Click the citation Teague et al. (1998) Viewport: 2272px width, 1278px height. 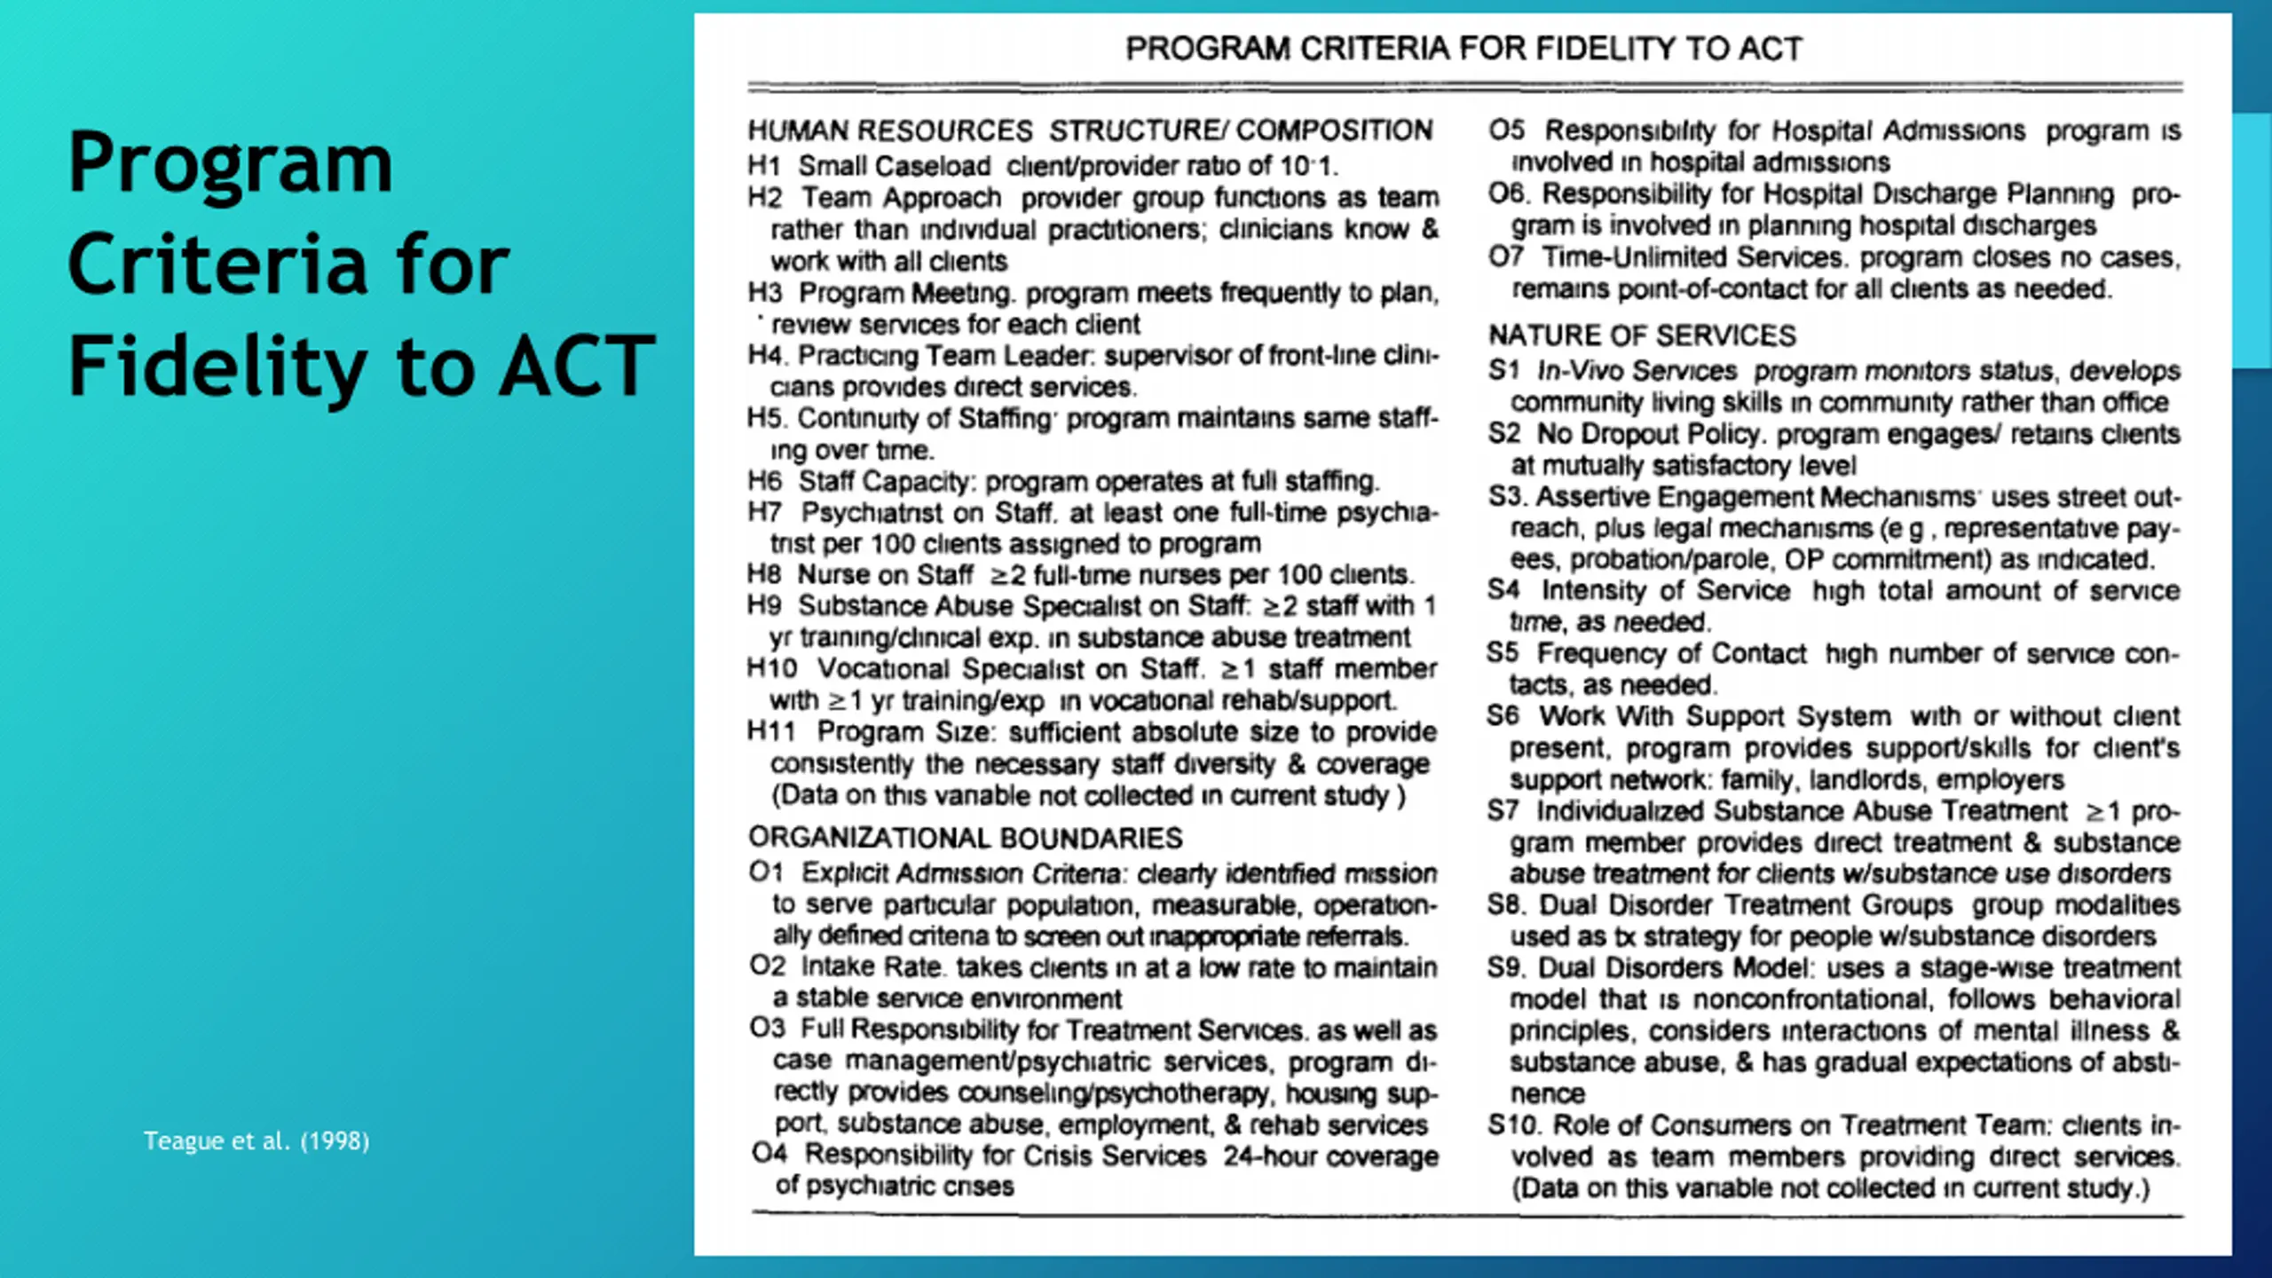click(x=256, y=1140)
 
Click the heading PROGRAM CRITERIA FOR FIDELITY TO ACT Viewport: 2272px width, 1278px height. click(x=1463, y=49)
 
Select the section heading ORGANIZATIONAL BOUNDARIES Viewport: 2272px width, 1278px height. click(x=965, y=838)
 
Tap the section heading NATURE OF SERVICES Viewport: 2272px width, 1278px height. click(x=1642, y=335)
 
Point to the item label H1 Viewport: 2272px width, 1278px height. click(x=763, y=166)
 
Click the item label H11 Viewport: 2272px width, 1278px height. click(x=770, y=731)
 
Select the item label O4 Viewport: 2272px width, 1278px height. click(x=769, y=1154)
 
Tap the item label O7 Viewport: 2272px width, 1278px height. click(x=1506, y=257)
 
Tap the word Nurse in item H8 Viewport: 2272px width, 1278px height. click(x=830, y=575)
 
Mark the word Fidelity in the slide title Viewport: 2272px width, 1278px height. click(x=217, y=367)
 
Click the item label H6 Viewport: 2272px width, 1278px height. click(x=764, y=481)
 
